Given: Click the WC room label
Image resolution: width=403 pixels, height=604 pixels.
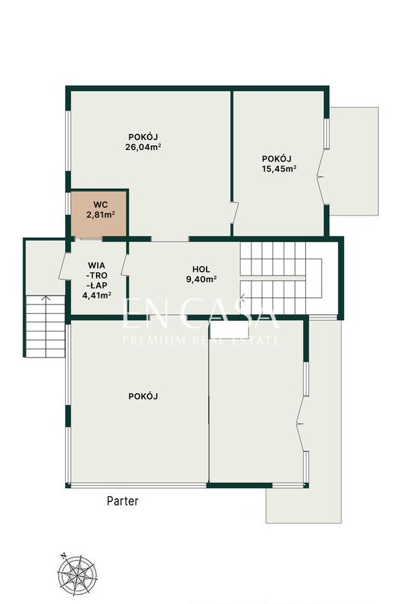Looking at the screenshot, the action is pyautogui.click(x=101, y=204).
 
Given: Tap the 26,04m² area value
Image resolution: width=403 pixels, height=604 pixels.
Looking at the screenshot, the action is pyautogui.click(x=143, y=147).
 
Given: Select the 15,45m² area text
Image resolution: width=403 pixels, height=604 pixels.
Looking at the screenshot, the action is pyautogui.click(x=279, y=168).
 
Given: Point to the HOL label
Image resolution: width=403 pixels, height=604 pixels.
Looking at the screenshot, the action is pyautogui.click(x=201, y=269).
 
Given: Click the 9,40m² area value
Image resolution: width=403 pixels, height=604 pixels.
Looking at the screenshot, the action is pyautogui.click(x=201, y=279).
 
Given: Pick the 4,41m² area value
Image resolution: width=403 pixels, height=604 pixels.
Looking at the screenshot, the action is pyautogui.click(x=97, y=295).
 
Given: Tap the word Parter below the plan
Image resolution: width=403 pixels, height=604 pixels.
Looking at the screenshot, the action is pyautogui.click(x=123, y=501).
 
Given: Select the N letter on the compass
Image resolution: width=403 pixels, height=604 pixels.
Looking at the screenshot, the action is pyautogui.click(x=63, y=555).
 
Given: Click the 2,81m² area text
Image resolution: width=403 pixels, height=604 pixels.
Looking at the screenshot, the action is pyautogui.click(x=101, y=214).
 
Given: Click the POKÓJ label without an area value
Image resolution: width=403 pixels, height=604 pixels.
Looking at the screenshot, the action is pyautogui.click(x=143, y=396).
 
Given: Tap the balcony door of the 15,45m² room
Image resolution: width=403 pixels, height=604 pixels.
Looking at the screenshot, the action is pyautogui.click(x=321, y=176).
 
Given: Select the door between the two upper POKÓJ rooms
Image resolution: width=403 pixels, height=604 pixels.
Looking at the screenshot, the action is pyautogui.click(x=234, y=212).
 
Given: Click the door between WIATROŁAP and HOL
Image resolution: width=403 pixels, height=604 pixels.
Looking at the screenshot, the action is pyautogui.click(x=124, y=265).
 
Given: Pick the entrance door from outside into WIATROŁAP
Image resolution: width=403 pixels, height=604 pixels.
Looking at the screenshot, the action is pyautogui.click(x=63, y=266).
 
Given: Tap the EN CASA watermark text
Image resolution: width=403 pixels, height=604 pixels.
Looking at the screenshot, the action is pyautogui.click(x=200, y=315).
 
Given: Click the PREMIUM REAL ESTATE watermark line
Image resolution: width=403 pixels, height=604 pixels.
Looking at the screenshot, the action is pyautogui.click(x=200, y=341).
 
